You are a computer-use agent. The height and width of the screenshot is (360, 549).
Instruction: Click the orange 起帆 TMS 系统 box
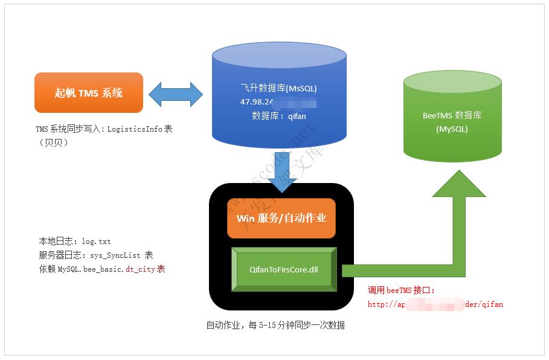click(89, 93)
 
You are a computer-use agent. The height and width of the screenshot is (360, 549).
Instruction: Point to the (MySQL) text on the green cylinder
click(452, 129)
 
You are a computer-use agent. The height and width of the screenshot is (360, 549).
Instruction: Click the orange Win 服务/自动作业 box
click(281, 217)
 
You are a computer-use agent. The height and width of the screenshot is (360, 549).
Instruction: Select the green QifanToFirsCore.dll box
click(283, 269)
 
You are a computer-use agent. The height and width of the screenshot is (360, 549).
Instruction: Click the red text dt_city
click(141, 269)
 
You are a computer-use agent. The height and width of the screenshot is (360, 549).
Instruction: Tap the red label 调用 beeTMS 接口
click(401, 291)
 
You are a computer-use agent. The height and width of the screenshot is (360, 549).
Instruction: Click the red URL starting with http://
click(435, 304)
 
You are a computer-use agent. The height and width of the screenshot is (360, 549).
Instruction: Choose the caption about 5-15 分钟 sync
click(275, 325)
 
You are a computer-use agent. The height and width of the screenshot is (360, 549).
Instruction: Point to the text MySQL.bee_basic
click(91, 269)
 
